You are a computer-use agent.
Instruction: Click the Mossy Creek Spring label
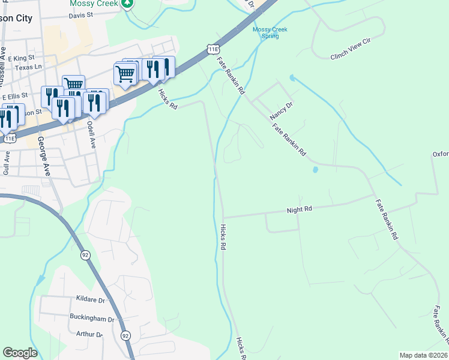click(x=270, y=32)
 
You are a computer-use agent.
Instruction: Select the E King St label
click(x=22, y=58)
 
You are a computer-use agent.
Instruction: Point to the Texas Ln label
click(x=28, y=68)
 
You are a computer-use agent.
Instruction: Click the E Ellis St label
click(x=15, y=95)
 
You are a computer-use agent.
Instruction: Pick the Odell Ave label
click(x=92, y=134)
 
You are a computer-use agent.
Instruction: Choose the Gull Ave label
click(x=7, y=163)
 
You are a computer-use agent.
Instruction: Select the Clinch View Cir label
click(x=351, y=55)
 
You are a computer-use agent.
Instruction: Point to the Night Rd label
click(x=300, y=209)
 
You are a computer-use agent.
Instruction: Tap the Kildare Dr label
click(x=91, y=299)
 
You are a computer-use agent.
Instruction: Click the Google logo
click(x=20, y=353)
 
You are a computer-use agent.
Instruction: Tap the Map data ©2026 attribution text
click(x=423, y=355)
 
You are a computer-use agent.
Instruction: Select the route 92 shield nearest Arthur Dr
click(x=125, y=335)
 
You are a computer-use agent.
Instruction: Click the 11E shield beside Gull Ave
click(x=10, y=138)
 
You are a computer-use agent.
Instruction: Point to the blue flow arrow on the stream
click(x=40, y=280)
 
